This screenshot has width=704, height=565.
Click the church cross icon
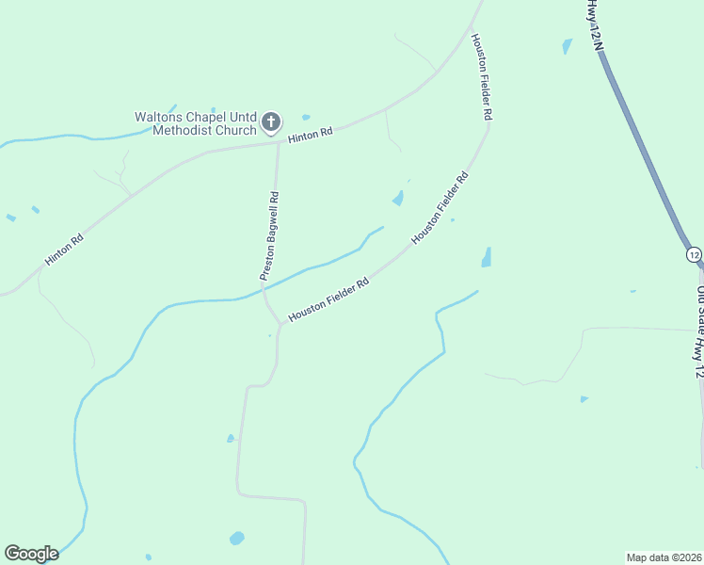tap(271, 121)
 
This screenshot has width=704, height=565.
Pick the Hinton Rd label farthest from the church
tap(65, 250)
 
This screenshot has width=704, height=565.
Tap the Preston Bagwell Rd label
tap(270, 235)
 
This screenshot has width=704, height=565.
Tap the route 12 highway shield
tap(694, 254)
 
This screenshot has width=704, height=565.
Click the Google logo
tap(31, 554)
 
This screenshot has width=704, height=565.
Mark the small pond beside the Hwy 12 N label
tap(567, 45)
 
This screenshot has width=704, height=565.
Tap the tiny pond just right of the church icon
tap(306, 117)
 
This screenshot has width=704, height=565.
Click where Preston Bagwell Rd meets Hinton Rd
tap(278, 143)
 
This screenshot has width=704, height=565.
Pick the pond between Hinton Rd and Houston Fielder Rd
tap(398, 199)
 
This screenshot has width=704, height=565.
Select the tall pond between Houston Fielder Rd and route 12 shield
tap(487, 257)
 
